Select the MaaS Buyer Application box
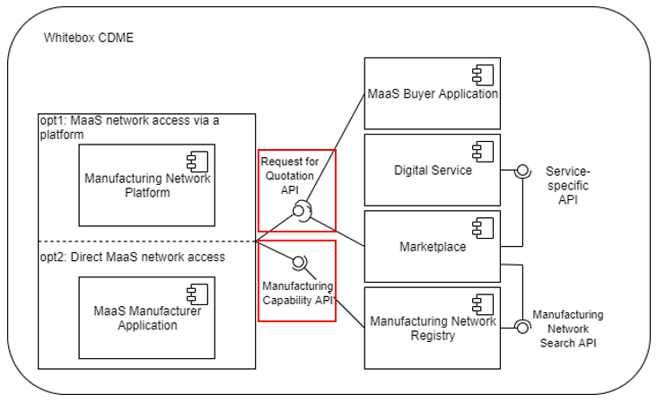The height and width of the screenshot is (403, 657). pyautogui.click(x=432, y=93)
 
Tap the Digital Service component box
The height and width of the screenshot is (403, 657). pyautogui.click(x=432, y=171)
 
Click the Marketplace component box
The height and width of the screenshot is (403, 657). pyautogui.click(x=432, y=247)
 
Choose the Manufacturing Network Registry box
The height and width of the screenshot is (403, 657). pyautogui.click(x=432, y=328)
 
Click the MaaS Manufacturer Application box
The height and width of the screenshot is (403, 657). pyautogui.click(x=147, y=318)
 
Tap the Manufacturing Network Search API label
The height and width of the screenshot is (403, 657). pyautogui.click(x=567, y=329)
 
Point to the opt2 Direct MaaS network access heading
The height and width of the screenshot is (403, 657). pyautogui.click(x=131, y=258)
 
